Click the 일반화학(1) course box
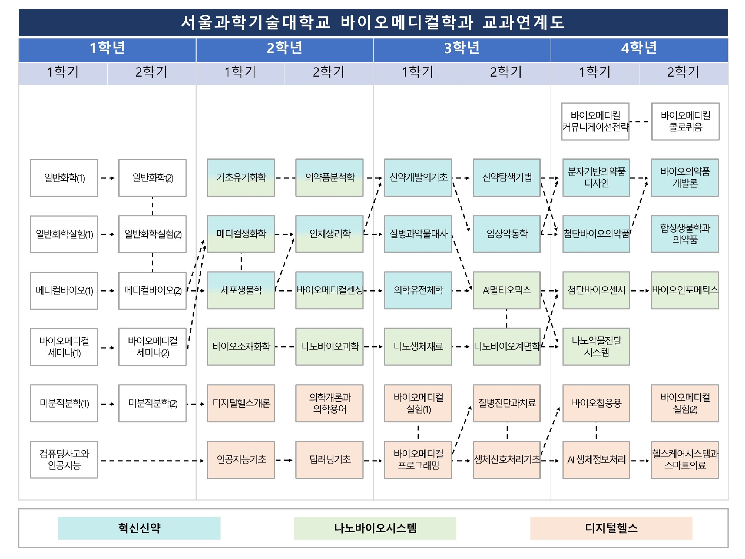click(64, 178)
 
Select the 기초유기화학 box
click(241, 177)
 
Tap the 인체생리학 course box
click(329, 234)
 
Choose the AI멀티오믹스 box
click(507, 290)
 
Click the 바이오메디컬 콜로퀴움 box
click(685, 121)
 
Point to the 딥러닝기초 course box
click(329, 459)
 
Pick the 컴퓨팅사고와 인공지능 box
click(64, 459)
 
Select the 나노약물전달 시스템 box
click(596, 347)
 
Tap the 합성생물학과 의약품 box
click(685, 234)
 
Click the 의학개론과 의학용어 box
click(329, 403)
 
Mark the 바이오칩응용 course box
click(596, 403)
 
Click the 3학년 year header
click(462, 48)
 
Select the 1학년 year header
click(107, 48)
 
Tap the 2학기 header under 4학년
click(684, 72)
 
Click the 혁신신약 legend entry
click(139, 528)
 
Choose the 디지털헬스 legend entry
click(611, 528)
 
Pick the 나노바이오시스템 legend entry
click(375, 528)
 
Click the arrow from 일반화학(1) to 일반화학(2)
click(108, 178)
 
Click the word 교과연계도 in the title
click(523, 22)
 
